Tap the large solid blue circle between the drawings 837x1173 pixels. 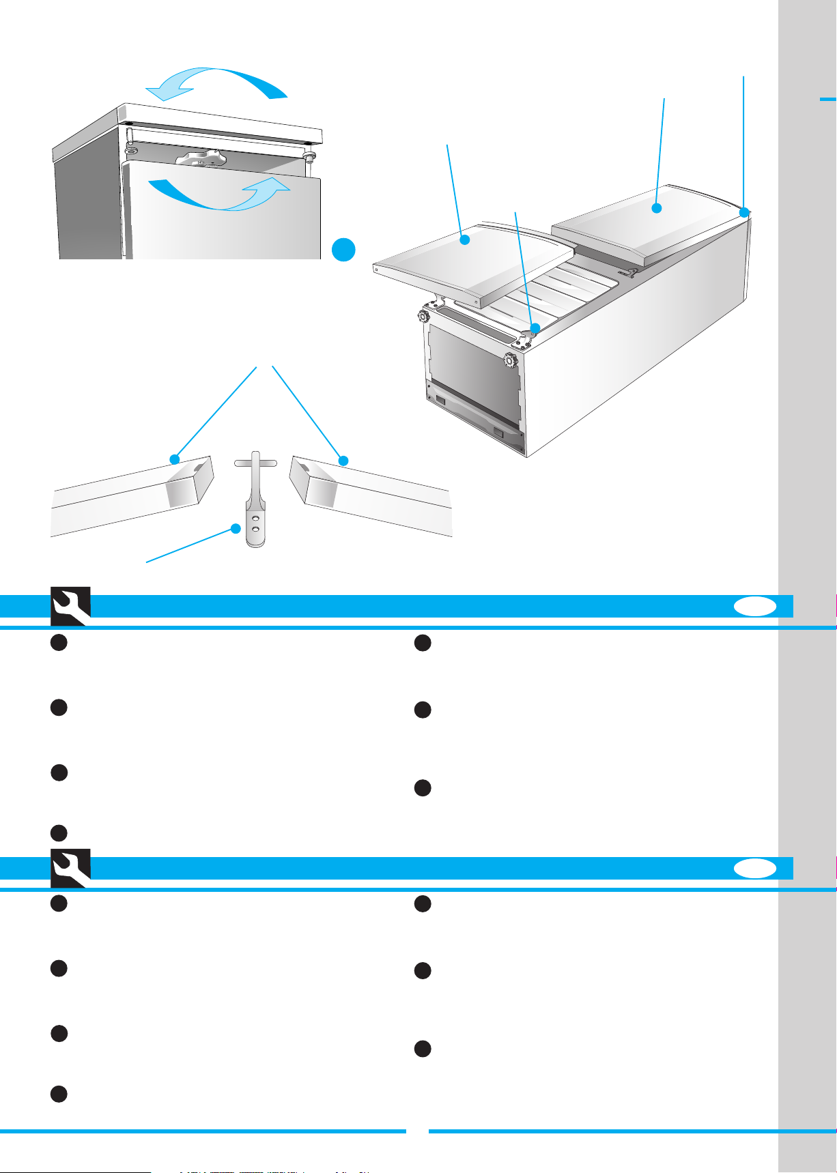(x=344, y=250)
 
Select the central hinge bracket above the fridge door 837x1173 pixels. (x=201, y=159)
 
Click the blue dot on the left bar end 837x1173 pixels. (x=175, y=459)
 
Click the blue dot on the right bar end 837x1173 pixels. (x=343, y=461)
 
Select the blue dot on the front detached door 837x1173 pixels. (x=465, y=240)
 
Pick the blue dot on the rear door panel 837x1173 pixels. (x=657, y=208)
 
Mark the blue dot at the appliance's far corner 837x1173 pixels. (x=744, y=212)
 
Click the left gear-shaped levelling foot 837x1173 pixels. (x=423, y=317)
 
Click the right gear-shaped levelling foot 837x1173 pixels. (x=509, y=360)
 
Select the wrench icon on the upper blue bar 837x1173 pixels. (x=70, y=605)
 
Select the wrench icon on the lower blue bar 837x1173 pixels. (x=70, y=868)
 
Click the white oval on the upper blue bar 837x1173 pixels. (x=756, y=607)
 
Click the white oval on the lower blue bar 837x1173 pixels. (x=756, y=868)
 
